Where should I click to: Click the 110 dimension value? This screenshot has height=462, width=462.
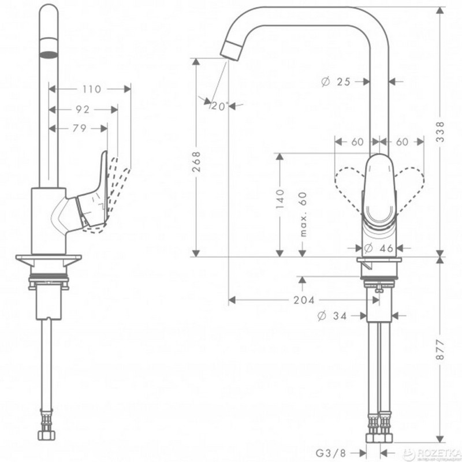[x=91, y=89]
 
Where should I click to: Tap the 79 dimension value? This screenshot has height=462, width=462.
[x=80, y=128]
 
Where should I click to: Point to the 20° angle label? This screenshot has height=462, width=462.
[x=219, y=106]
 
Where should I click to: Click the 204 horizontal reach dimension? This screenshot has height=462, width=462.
[x=303, y=300]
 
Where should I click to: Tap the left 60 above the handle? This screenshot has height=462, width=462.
[x=357, y=142]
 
